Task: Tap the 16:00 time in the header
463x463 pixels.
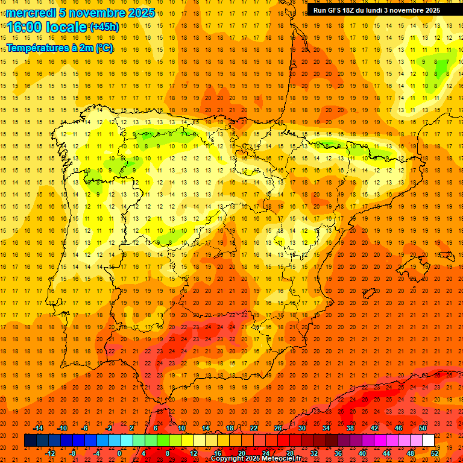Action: [25, 27]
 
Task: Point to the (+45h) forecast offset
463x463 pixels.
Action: [105, 27]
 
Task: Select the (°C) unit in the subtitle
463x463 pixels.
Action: [103, 48]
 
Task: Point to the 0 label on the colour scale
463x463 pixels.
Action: [119, 453]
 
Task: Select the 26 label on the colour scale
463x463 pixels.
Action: [278, 428]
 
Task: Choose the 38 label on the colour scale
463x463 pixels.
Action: [350, 428]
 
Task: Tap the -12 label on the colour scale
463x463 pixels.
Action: [50, 453]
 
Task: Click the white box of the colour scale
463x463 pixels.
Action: [428, 441]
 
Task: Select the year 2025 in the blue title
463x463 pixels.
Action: [137, 13]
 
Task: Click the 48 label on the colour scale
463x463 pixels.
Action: [411, 453]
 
